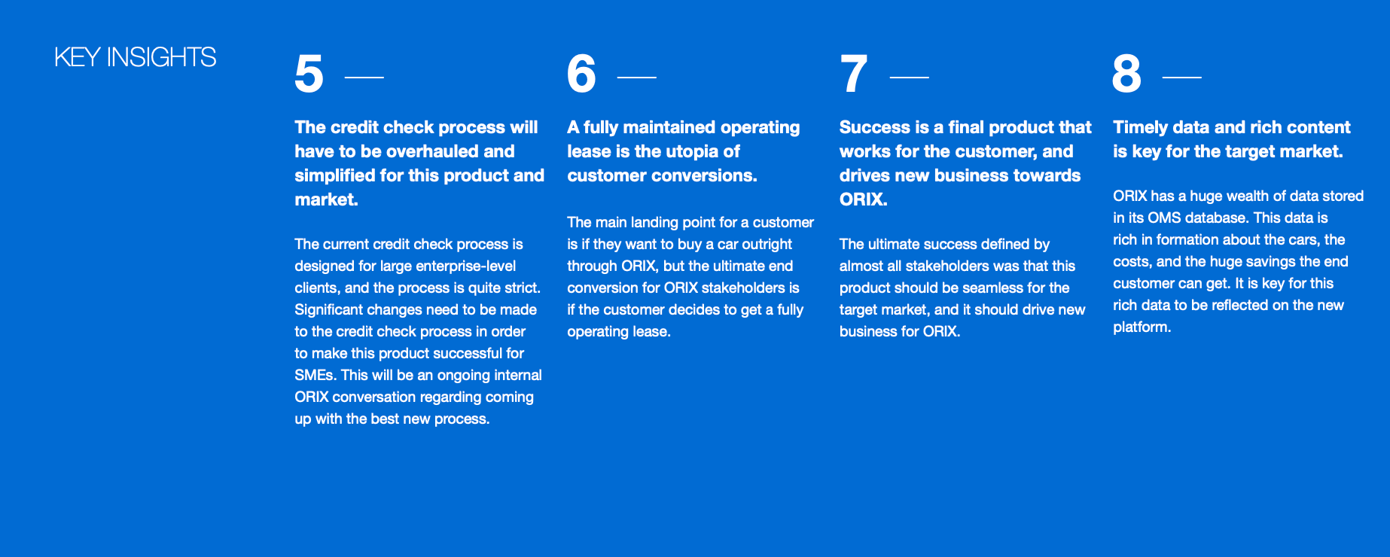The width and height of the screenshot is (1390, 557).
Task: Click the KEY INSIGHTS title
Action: (x=136, y=57)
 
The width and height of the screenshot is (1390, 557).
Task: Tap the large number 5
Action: (x=309, y=75)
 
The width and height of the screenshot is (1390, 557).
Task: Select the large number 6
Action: (x=581, y=74)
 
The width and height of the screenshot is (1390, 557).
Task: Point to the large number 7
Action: (x=854, y=75)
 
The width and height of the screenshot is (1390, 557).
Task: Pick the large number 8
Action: (x=1126, y=74)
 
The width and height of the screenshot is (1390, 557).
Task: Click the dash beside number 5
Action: (x=364, y=77)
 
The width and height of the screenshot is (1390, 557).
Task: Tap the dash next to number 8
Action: (x=1182, y=77)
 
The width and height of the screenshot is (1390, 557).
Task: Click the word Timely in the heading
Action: (x=1140, y=127)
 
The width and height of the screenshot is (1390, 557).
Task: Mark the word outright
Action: (x=767, y=244)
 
